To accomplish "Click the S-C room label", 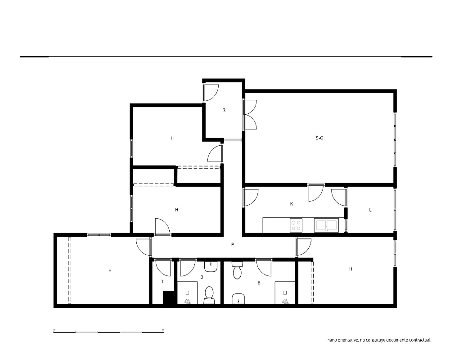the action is click(319, 138).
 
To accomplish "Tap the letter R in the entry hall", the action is click(224, 110).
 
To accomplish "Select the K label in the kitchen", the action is click(292, 204).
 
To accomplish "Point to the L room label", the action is click(370, 210).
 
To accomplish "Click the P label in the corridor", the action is click(233, 245).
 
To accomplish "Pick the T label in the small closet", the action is click(162, 281).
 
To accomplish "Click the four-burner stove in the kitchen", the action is click(296, 225).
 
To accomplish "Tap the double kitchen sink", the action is click(326, 225).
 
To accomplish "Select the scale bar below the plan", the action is click(109, 332).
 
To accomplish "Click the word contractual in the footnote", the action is click(420, 340).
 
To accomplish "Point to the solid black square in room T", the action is click(169, 298).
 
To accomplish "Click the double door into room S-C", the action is click(250, 115).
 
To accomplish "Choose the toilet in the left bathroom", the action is click(209, 295).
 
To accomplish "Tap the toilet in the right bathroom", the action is click(237, 270).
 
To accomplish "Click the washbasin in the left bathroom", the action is click(211, 267).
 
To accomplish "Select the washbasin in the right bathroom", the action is click(238, 299).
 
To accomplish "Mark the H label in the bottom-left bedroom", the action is click(110, 270).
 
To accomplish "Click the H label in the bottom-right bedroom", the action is click(351, 269).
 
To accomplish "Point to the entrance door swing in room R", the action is click(211, 92).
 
